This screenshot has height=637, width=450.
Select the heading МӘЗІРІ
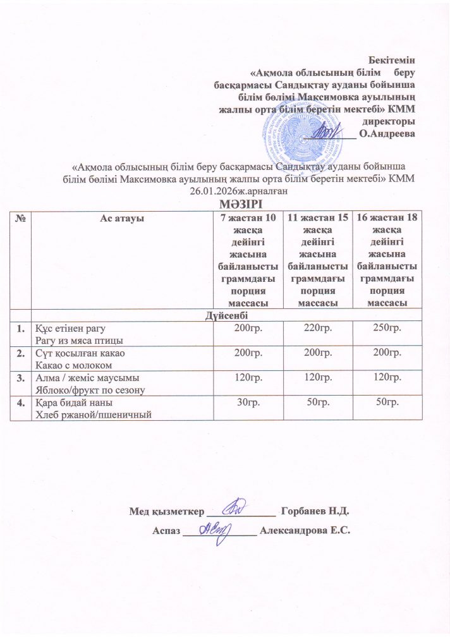pos(239,203)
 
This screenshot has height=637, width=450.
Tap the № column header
pos(21,217)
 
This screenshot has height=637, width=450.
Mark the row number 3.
pos(21,378)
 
